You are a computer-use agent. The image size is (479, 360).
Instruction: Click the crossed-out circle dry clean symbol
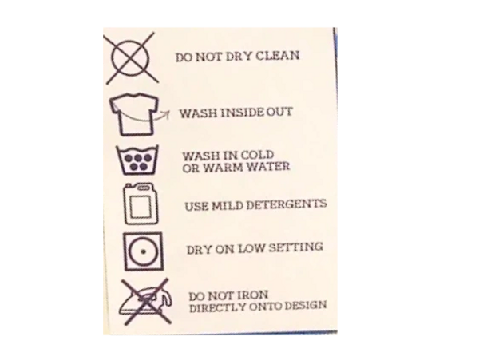point(131,58)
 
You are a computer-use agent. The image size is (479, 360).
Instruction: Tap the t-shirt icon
point(134,114)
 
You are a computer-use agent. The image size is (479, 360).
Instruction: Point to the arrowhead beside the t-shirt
point(166,114)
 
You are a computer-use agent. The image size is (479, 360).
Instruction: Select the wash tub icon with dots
point(137,160)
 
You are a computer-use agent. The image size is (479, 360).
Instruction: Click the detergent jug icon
point(141,203)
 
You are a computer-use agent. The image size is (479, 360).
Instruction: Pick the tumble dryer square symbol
point(143,251)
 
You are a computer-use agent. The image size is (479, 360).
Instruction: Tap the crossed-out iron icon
point(146,302)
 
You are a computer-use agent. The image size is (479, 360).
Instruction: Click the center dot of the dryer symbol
point(143,252)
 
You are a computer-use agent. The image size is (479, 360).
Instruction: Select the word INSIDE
point(243,113)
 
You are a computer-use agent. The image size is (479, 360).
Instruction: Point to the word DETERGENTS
point(287,204)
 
